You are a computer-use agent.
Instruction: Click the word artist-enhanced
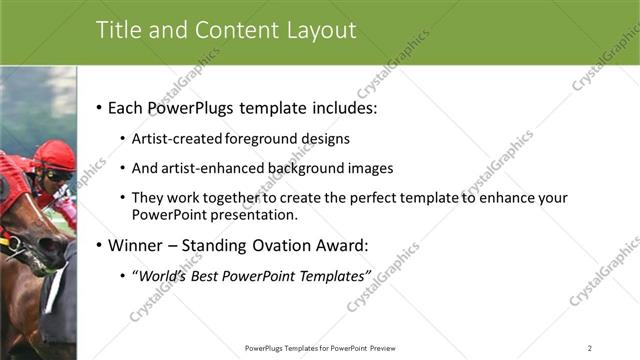pyautogui.click(x=209, y=168)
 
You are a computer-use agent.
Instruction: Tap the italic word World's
pyautogui.click(x=167, y=275)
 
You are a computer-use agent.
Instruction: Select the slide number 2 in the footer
pyautogui.click(x=589, y=348)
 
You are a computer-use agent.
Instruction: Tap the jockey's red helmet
pyautogui.click(x=55, y=154)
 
